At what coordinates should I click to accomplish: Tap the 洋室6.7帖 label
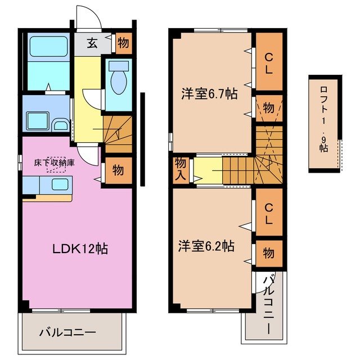pyautogui.click(x=209, y=94)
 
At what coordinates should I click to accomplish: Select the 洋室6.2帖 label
pyautogui.click(x=206, y=246)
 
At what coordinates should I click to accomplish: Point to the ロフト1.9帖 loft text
pyautogui.click(x=324, y=119)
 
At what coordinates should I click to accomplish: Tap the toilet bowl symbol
pyautogui.click(x=118, y=81)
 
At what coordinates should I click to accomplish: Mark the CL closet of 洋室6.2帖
pyautogui.click(x=269, y=214)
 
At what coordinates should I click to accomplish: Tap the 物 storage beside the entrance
pyautogui.click(x=123, y=43)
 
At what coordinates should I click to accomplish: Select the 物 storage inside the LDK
pyautogui.click(x=118, y=170)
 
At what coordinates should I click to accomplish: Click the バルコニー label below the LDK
pyautogui.click(x=67, y=332)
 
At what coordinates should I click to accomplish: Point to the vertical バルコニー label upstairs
pyautogui.click(x=269, y=304)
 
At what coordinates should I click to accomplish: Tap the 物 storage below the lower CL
pyautogui.click(x=269, y=253)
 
